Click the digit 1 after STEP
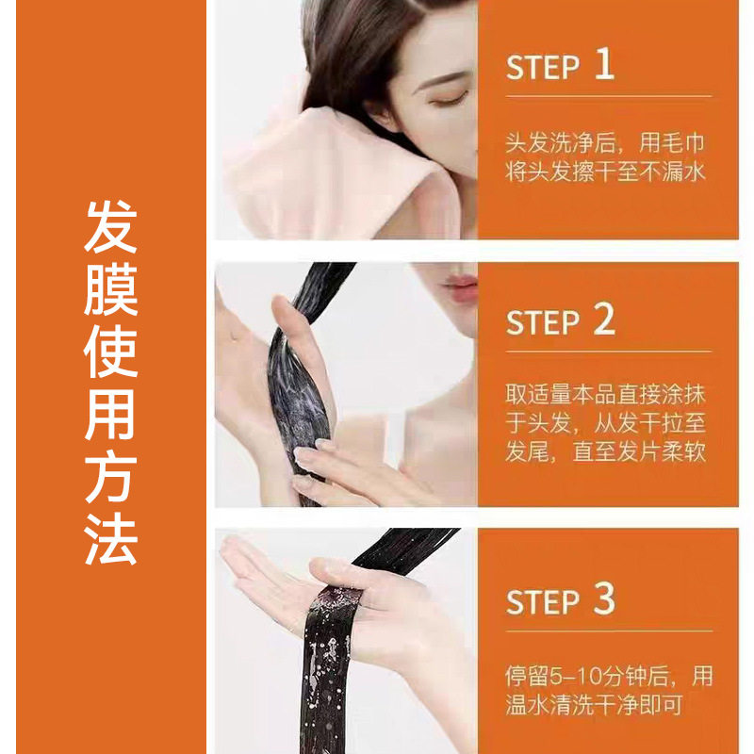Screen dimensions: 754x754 [x=604, y=65]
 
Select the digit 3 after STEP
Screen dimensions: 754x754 [x=604, y=599]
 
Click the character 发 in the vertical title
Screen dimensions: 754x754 [x=111, y=228]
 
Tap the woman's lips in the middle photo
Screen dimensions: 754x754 [x=460, y=285]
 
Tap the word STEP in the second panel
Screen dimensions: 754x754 [x=542, y=322]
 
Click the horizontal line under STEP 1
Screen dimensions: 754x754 [x=608, y=96]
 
